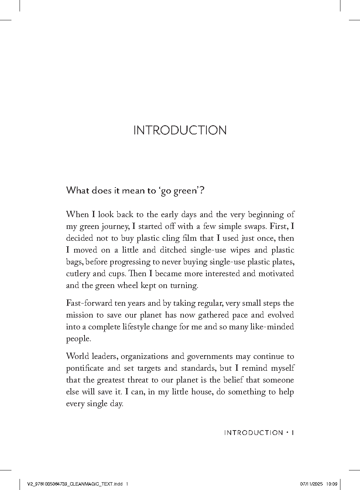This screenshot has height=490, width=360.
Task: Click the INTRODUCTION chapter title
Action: (x=180, y=130)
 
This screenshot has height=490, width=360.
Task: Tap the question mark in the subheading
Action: (x=201, y=191)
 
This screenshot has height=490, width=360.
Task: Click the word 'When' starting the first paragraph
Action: (x=76, y=215)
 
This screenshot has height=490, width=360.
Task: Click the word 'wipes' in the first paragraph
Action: (x=242, y=250)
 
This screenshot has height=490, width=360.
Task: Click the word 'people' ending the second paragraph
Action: (x=78, y=339)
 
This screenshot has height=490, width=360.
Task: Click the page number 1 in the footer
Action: (x=292, y=433)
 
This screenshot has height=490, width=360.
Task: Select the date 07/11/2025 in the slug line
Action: (x=312, y=484)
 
